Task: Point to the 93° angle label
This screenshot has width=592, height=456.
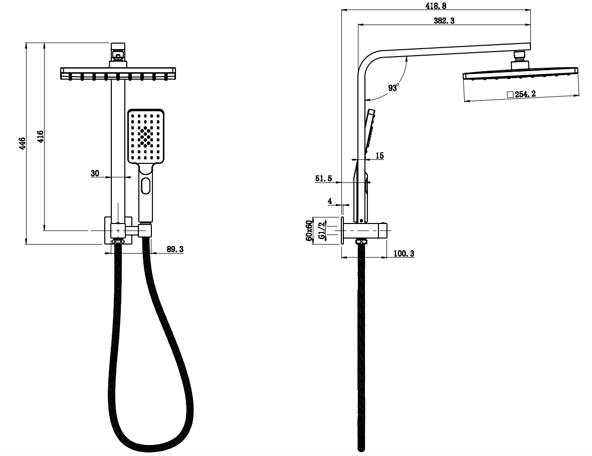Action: coord(393,88)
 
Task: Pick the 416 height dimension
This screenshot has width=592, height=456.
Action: coord(41,136)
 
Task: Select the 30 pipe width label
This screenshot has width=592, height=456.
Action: coord(95,173)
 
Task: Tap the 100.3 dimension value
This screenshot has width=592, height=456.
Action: coord(404,254)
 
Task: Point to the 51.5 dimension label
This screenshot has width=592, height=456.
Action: coord(324,178)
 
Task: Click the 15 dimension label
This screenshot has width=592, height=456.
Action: coord(379,156)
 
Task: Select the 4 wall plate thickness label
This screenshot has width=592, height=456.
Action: coord(330,201)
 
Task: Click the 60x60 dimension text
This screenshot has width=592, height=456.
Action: coord(309,230)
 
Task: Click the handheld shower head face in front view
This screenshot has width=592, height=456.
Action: coord(145,136)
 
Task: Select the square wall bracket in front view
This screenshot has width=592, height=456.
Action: coord(118,230)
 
